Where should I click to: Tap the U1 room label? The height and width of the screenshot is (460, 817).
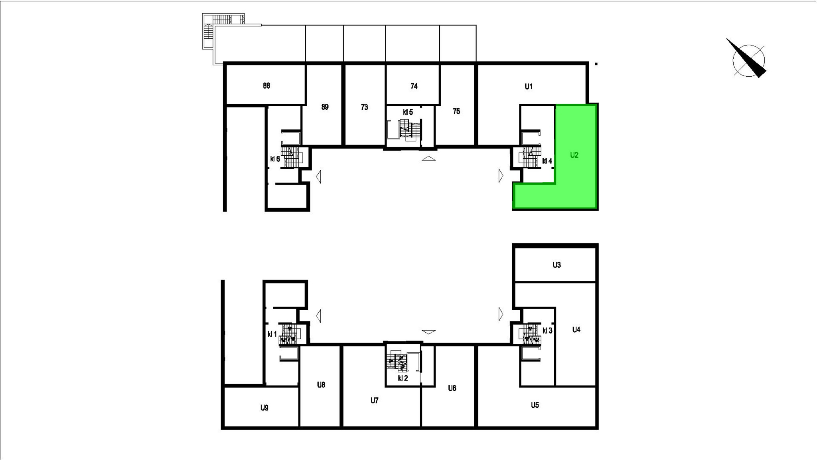[529, 86]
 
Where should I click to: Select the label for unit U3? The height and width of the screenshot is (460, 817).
[557, 265]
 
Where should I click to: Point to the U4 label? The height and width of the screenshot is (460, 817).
[576, 329]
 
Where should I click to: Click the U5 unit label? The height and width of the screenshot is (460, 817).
[535, 405]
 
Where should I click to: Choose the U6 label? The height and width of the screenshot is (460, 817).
[452, 388]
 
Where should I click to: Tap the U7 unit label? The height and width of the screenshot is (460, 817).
[374, 401]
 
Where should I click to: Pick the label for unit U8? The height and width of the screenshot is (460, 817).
[321, 385]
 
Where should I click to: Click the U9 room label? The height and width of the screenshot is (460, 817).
[264, 408]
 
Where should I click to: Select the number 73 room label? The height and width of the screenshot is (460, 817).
[364, 107]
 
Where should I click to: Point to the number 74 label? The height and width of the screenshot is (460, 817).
[414, 86]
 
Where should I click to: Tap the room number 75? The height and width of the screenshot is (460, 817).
[456, 111]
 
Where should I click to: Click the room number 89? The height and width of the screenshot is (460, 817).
[325, 107]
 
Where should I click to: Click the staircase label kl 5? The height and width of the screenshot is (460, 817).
[408, 113]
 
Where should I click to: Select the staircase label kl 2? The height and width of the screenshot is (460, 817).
[403, 378]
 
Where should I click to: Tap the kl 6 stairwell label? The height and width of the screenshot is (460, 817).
[275, 159]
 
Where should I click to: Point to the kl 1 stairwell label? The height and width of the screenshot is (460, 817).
[272, 334]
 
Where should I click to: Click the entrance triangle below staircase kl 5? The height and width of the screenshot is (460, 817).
[428, 159]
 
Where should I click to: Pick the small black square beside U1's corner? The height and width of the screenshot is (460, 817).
[596, 64]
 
